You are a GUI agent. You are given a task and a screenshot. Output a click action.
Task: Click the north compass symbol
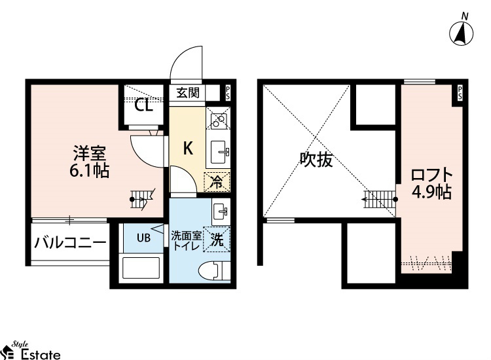pyautogui.click(x=462, y=31)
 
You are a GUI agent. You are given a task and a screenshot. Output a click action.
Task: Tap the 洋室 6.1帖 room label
pyautogui.click(x=89, y=162)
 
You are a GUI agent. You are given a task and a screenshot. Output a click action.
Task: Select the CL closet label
pyautogui.click(x=144, y=106)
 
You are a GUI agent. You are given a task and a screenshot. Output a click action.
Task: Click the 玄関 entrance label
pyautogui.click(x=188, y=93)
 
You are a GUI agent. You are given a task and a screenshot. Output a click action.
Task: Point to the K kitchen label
pyautogui.click(x=188, y=148)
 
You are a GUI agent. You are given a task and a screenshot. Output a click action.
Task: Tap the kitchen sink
pyautogui.click(x=219, y=152)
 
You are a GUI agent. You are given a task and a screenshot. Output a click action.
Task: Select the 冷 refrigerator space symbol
pyautogui.click(x=217, y=182)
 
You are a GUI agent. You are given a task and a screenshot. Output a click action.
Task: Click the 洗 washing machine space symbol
pyautogui.click(x=217, y=240)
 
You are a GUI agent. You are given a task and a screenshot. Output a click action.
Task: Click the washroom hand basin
pyautogui.click(x=221, y=211)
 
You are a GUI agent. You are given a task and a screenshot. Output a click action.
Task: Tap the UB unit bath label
pyautogui.click(x=143, y=238)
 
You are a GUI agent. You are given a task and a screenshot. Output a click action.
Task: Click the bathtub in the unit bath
pyautogui.click(x=141, y=268)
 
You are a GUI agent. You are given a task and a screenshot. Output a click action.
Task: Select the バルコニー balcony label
pyautogui.click(x=70, y=243)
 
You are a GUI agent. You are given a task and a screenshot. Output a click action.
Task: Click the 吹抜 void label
pyautogui.click(x=316, y=160)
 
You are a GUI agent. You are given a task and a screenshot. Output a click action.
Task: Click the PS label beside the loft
pyautogui.click(x=460, y=94)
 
